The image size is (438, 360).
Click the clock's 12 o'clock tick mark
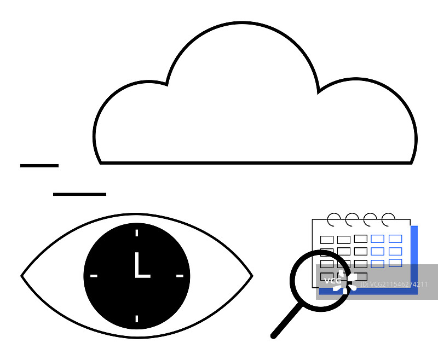(x=136, y=233)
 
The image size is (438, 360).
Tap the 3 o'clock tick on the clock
(x=180, y=276)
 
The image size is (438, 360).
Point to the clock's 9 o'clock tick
(x=94, y=276)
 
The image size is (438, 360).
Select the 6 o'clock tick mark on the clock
(x=136, y=318)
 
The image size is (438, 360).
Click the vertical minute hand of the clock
(x=136, y=263)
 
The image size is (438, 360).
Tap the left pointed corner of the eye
(x=22, y=276)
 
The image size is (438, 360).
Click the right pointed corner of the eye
(x=251, y=276)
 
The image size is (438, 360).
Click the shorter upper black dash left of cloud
(x=39, y=165)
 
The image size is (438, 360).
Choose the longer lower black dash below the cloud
(x=79, y=194)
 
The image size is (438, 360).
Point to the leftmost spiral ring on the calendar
(x=333, y=219)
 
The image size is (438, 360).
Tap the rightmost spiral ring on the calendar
(x=388, y=219)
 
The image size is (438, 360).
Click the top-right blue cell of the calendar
(x=395, y=239)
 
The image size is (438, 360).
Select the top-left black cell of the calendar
(x=327, y=240)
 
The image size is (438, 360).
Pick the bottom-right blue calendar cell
(x=395, y=263)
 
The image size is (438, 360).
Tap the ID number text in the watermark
(x=394, y=284)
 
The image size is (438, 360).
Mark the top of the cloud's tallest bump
(x=242, y=24)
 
